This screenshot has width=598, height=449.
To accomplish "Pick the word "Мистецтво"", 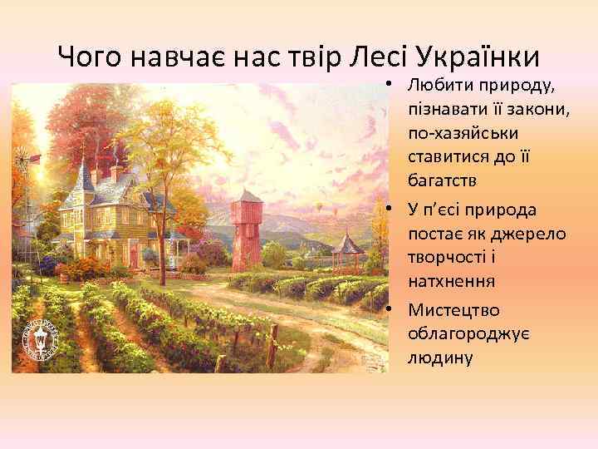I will [x=454, y=310].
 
